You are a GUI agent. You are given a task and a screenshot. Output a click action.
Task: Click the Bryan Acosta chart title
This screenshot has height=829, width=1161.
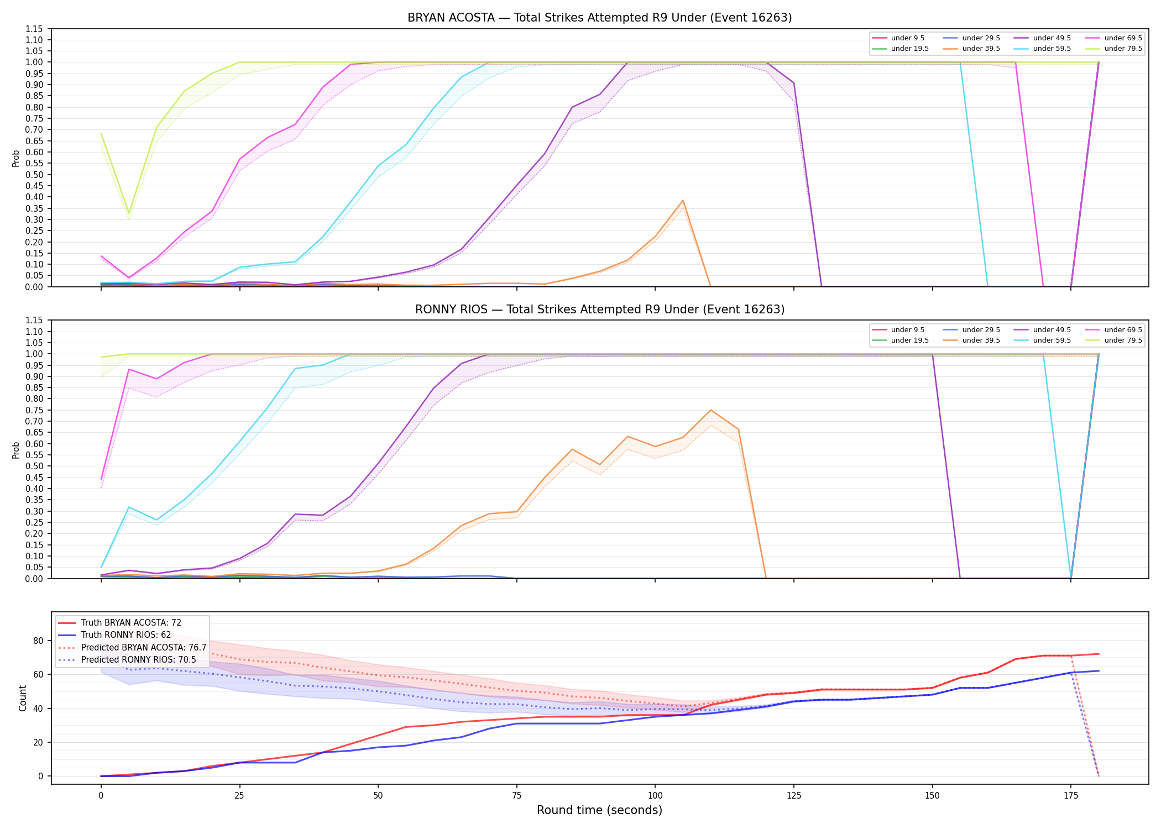pos(599,18)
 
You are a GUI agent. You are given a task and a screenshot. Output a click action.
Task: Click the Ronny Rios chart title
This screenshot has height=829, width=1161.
pos(600,309)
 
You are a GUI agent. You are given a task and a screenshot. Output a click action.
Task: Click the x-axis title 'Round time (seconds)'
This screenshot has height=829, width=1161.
pos(599,810)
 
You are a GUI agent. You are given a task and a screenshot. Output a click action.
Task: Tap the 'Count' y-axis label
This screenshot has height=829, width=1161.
pos(23,698)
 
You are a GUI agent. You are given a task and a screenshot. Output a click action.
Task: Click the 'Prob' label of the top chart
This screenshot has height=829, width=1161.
pos(16,158)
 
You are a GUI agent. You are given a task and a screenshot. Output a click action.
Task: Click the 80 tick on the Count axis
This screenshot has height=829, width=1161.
pos(38,641)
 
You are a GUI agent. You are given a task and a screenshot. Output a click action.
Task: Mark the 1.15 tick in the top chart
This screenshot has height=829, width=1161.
pos(34,29)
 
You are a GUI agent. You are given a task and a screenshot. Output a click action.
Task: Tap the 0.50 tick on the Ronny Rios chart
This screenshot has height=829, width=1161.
pos(34,466)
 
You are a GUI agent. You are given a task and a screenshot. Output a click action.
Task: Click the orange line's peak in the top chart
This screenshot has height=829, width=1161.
pos(683,201)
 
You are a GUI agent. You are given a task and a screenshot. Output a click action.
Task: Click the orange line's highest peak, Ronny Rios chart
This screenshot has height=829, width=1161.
pos(710,410)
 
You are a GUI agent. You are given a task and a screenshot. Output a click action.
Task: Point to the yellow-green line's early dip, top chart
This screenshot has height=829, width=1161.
pos(129,213)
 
